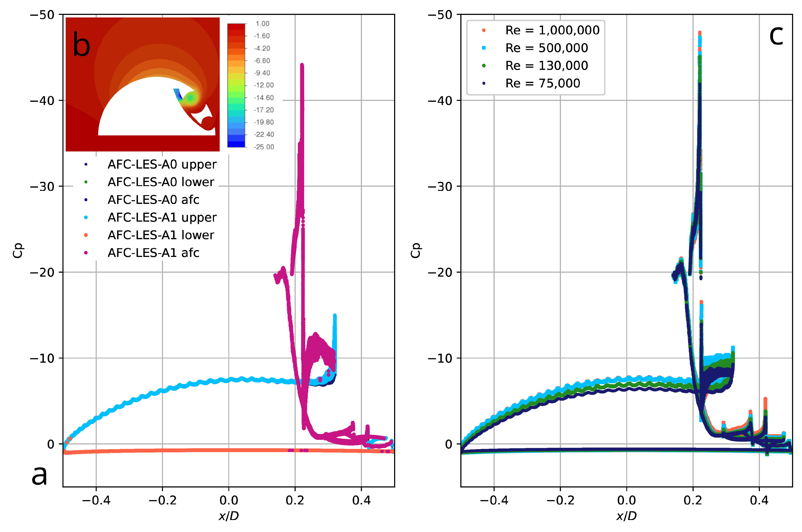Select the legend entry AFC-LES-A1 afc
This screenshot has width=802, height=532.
153,253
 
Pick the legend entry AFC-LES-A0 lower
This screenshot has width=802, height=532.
161,182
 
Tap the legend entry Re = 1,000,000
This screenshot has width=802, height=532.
552,30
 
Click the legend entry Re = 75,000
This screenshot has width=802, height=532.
542,83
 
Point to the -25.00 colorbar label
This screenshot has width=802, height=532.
264,147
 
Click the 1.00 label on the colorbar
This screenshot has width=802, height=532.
262,24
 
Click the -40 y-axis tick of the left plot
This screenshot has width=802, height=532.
42,101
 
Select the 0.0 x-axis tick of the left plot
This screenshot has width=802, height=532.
229,500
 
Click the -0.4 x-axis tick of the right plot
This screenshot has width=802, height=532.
494,500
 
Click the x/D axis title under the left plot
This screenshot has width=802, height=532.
229,516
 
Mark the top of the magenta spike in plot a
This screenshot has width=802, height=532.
302,65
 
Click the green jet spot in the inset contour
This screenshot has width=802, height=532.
191,98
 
